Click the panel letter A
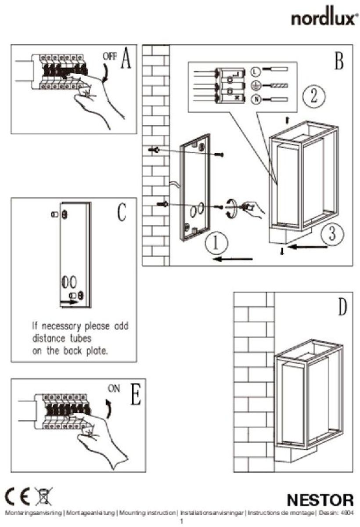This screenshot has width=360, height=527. (x=126, y=59)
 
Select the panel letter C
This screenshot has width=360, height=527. (x=122, y=213)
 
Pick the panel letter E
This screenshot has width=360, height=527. (x=135, y=394)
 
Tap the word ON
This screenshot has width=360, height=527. (x=114, y=388)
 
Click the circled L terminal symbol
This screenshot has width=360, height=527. (x=256, y=70)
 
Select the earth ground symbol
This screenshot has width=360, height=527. (x=256, y=85)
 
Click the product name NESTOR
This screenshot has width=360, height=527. (x=320, y=500)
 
